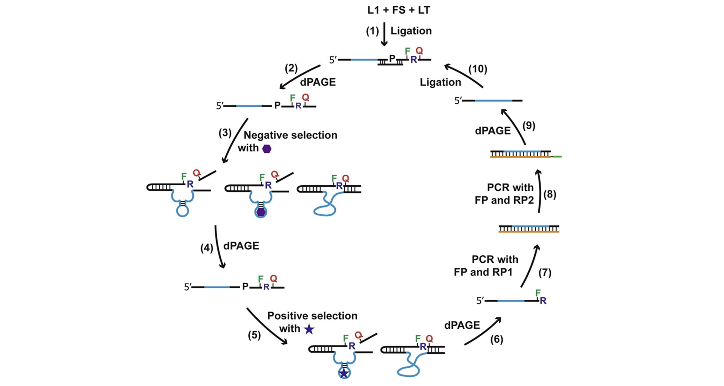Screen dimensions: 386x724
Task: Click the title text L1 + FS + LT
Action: [399, 10]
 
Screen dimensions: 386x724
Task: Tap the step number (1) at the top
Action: [372, 31]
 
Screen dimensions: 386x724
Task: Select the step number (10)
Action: [478, 69]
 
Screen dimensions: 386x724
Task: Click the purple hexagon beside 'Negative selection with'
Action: [267, 149]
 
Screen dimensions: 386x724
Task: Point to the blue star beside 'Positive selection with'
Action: [309, 329]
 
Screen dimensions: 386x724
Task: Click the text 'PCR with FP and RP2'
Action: [504, 194]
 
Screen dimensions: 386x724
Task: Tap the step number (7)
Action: [545, 273]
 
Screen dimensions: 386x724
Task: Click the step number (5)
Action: [254, 335]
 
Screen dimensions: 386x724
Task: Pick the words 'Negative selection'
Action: [290, 135]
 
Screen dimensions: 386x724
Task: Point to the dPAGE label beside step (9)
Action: [493, 131]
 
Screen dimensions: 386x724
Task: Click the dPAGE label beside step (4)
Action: [241, 246]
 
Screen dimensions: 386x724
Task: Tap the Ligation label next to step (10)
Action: [440, 82]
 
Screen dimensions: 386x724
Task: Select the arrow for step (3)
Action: [234, 141]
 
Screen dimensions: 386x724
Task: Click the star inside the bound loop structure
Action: [344, 373]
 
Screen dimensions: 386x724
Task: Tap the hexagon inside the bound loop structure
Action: [261, 212]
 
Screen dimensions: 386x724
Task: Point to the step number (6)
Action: [496, 339]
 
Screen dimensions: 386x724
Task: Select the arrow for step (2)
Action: [299, 77]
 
